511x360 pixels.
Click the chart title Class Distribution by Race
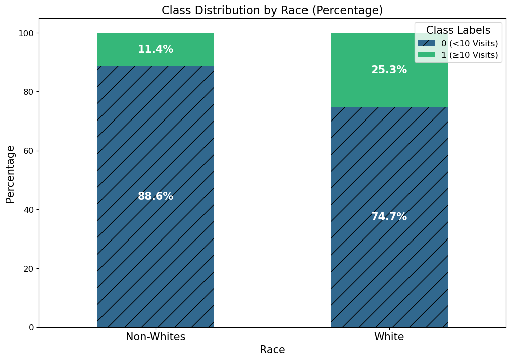pyautogui.click(x=272, y=10)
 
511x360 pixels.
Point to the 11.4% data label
pyautogui.click(x=155, y=49)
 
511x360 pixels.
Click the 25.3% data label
pyautogui.click(x=389, y=70)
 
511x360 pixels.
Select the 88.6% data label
pyautogui.click(x=155, y=196)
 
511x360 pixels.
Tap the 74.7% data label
pyautogui.click(x=389, y=217)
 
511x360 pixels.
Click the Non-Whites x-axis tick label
pyautogui.click(x=155, y=337)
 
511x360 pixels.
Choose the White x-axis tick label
pyautogui.click(x=389, y=337)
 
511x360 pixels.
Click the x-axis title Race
pyautogui.click(x=272, y=350)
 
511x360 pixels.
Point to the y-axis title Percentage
pyautogui.click(x=10, y=174)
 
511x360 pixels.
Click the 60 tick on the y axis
pyautogui.click(x=28, y=151)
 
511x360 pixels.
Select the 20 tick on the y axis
pyautogui.click(x=28, y=269)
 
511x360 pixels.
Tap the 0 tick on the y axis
pyautogui.click(x=31, y=327)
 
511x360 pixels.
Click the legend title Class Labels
pyautogui.click(x=458, y=30)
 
